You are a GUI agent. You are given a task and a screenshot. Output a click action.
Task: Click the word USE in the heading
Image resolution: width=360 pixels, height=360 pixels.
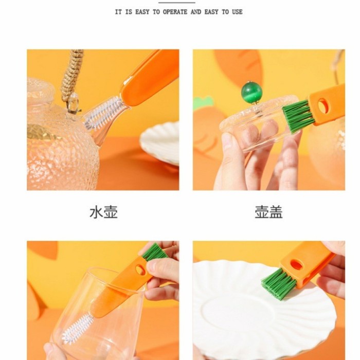tap(237, 12)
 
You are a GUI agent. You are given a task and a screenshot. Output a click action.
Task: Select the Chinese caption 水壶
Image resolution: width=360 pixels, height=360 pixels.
tap(103, 212)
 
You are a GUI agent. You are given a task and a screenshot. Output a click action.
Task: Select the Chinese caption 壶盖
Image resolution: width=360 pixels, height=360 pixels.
tap(268, 212)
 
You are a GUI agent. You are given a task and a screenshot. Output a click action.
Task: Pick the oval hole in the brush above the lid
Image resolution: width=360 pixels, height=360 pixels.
tap(323, 105)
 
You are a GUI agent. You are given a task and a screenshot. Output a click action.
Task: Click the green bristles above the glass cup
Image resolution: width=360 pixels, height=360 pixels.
tap(154, 251)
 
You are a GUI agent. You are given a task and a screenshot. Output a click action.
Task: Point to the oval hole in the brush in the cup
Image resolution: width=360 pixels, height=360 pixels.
tap(140, 269)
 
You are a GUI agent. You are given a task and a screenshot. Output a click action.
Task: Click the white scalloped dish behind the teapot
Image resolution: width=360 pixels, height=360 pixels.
tap(160, 142)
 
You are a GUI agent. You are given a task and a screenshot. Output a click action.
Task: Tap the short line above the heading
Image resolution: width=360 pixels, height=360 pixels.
tap(177, 3)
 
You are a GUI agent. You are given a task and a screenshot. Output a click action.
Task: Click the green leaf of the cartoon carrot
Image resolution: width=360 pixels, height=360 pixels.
tap(203, 103)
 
